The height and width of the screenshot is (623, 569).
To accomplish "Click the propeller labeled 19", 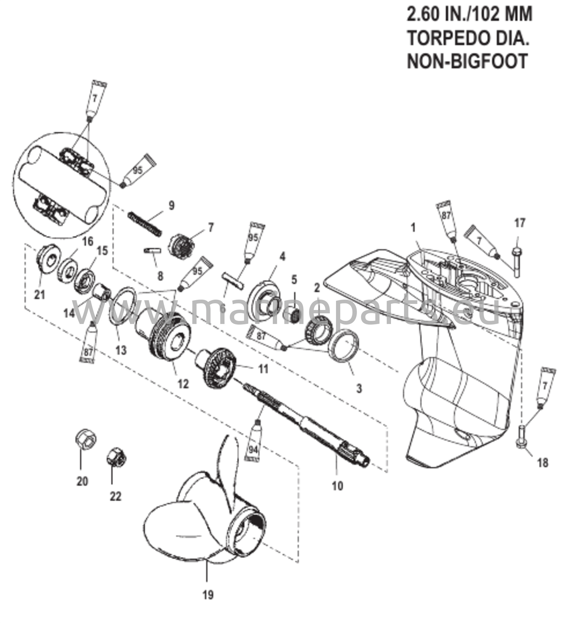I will [x=197, y=525].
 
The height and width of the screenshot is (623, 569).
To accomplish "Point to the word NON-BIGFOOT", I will [x=467, y=61].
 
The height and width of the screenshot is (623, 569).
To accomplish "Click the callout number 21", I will [x=39, y=294].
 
